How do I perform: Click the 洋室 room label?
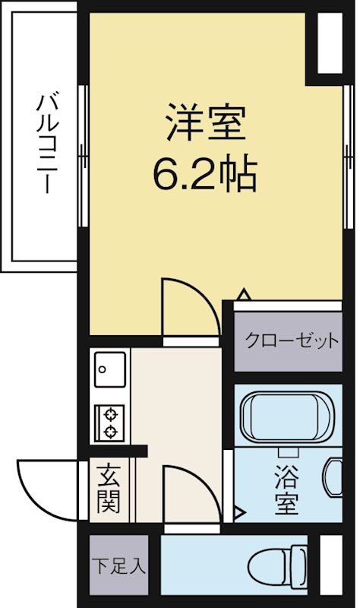pos(206,122)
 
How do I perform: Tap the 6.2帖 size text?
pos(205,173)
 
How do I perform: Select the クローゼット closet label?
pos(292,341)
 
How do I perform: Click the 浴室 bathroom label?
pos(287,490)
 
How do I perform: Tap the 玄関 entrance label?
pos(109,489)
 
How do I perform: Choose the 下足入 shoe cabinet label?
pos(118,566)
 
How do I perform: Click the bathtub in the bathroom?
pos(287,416)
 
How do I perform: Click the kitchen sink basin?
pos(110,369)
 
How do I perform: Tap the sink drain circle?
pos(103,369)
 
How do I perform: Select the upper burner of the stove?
pos(111,415)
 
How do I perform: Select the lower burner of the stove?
pos(111,431)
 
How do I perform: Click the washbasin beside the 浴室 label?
pos(333,478)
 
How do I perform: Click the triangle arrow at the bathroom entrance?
pos(239,513)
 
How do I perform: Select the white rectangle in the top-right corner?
pos(330,43)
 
